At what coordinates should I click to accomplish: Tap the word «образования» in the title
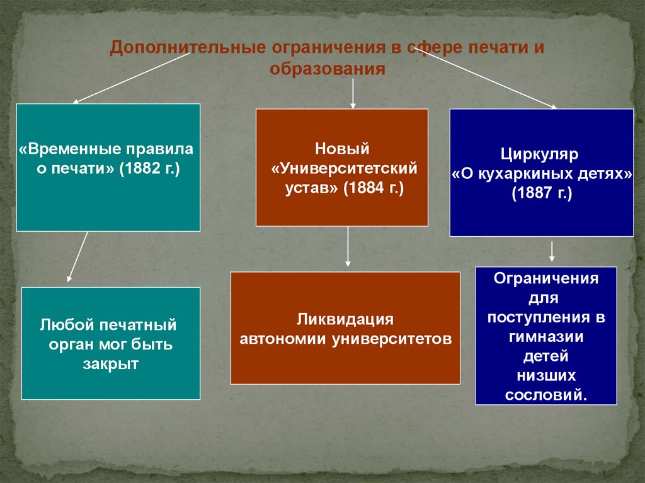(x=327, y=68)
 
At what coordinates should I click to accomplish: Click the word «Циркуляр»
(x=540, y=154)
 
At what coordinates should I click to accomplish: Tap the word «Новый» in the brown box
(x=341, y=149)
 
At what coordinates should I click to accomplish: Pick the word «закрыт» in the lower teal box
(x=110, y=364)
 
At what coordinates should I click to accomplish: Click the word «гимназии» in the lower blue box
(x=546, y=336)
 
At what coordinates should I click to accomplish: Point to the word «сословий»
(x=545, y=395)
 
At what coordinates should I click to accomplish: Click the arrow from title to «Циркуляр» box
(x=492, y=80)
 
